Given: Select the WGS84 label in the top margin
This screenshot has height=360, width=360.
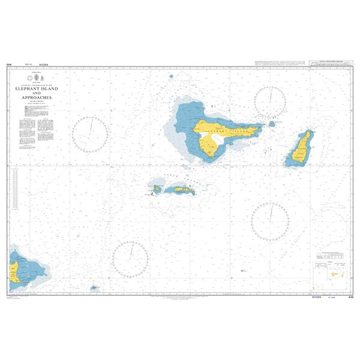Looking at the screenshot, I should [43, 64].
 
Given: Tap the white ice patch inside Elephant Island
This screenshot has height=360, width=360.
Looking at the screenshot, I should [212, 143].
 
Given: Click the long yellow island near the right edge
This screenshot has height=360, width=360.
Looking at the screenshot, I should [300, 148].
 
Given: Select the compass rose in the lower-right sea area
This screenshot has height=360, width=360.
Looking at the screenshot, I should [269, 221].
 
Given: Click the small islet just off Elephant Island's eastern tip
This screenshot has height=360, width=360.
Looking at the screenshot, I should [272, 124].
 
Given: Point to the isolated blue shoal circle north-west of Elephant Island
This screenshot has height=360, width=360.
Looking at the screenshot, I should [172, 76].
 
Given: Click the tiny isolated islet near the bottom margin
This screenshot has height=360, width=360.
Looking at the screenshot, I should [94, 288].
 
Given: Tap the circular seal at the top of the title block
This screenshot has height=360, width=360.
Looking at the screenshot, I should [28, 79].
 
